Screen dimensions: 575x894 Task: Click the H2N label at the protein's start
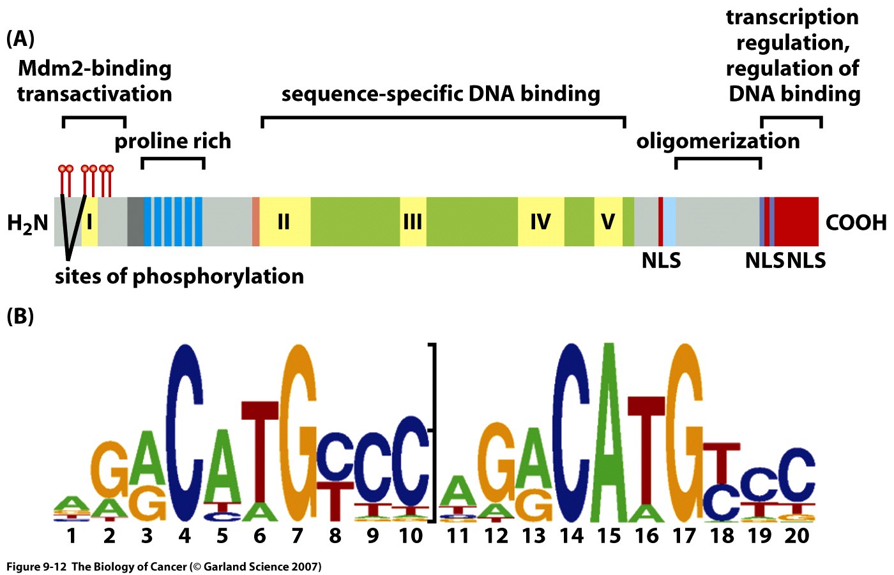click(28, 223)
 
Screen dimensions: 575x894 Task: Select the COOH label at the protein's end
click(856, 223)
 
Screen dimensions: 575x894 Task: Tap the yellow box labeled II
click(284, 222)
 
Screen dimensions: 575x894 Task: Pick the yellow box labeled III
click(413, 222)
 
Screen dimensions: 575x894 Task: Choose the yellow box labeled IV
click(540, 222)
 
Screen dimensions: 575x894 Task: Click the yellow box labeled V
click(608, 222)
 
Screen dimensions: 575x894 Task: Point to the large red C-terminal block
click(796, 221)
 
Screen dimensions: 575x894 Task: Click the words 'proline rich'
click(172, 141)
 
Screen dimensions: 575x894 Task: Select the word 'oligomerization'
click(718, 141)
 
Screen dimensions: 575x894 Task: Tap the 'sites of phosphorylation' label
click(179, 276)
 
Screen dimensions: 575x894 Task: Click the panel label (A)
click(20, 39)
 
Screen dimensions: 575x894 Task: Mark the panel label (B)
click(20, 316)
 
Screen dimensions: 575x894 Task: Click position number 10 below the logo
click(411, 535)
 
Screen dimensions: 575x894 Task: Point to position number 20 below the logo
click(797, 535)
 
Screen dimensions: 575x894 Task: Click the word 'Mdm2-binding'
click(95, 68)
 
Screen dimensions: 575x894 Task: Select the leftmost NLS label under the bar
click(661, 261)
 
